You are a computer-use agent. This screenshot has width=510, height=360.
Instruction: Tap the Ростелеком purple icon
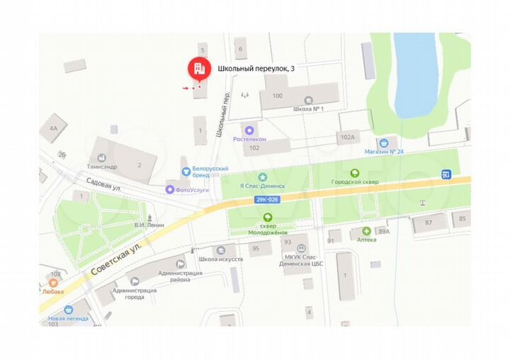[249, 130]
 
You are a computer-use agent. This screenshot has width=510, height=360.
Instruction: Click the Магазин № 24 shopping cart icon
[383, 142]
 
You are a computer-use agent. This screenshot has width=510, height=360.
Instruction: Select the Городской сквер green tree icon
[354, 172]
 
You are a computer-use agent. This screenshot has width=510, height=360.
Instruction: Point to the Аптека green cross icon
[366, 231]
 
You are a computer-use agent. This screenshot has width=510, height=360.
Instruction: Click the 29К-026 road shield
[266, 201]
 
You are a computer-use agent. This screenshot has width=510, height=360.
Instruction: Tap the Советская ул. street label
[117, 259]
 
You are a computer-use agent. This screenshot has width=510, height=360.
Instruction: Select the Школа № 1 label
[308, 109]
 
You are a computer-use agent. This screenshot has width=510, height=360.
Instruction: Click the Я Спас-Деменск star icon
[263, 176]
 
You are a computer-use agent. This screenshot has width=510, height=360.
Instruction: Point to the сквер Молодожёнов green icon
[267, 218]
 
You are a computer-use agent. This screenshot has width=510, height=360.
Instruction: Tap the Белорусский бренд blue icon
[186, 170]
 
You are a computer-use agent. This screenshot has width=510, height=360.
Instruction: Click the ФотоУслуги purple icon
[170, 189]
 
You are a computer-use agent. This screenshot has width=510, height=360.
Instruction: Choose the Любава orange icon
[44, 283]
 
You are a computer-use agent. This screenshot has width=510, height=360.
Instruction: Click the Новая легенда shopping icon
[69, 310]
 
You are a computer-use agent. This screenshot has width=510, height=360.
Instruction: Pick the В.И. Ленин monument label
[149, 225]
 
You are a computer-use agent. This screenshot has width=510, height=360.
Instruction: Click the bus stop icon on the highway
[446, 174]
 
